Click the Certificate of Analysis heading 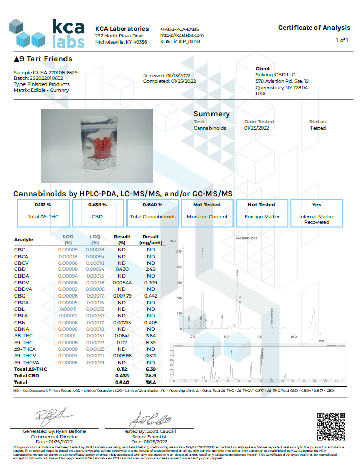(314, 28)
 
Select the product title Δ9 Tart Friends (43, 59)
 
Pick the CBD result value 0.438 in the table (122, 269)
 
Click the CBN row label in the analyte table (20, 322)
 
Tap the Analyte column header (24, 239)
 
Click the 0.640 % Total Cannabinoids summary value (153, 205)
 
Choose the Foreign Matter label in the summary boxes (261, 217)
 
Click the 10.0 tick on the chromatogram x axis (293, 337)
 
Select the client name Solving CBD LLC (274, 74)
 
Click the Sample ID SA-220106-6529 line (46, 73)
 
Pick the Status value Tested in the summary (317, 128)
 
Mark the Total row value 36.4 (151, 382)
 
